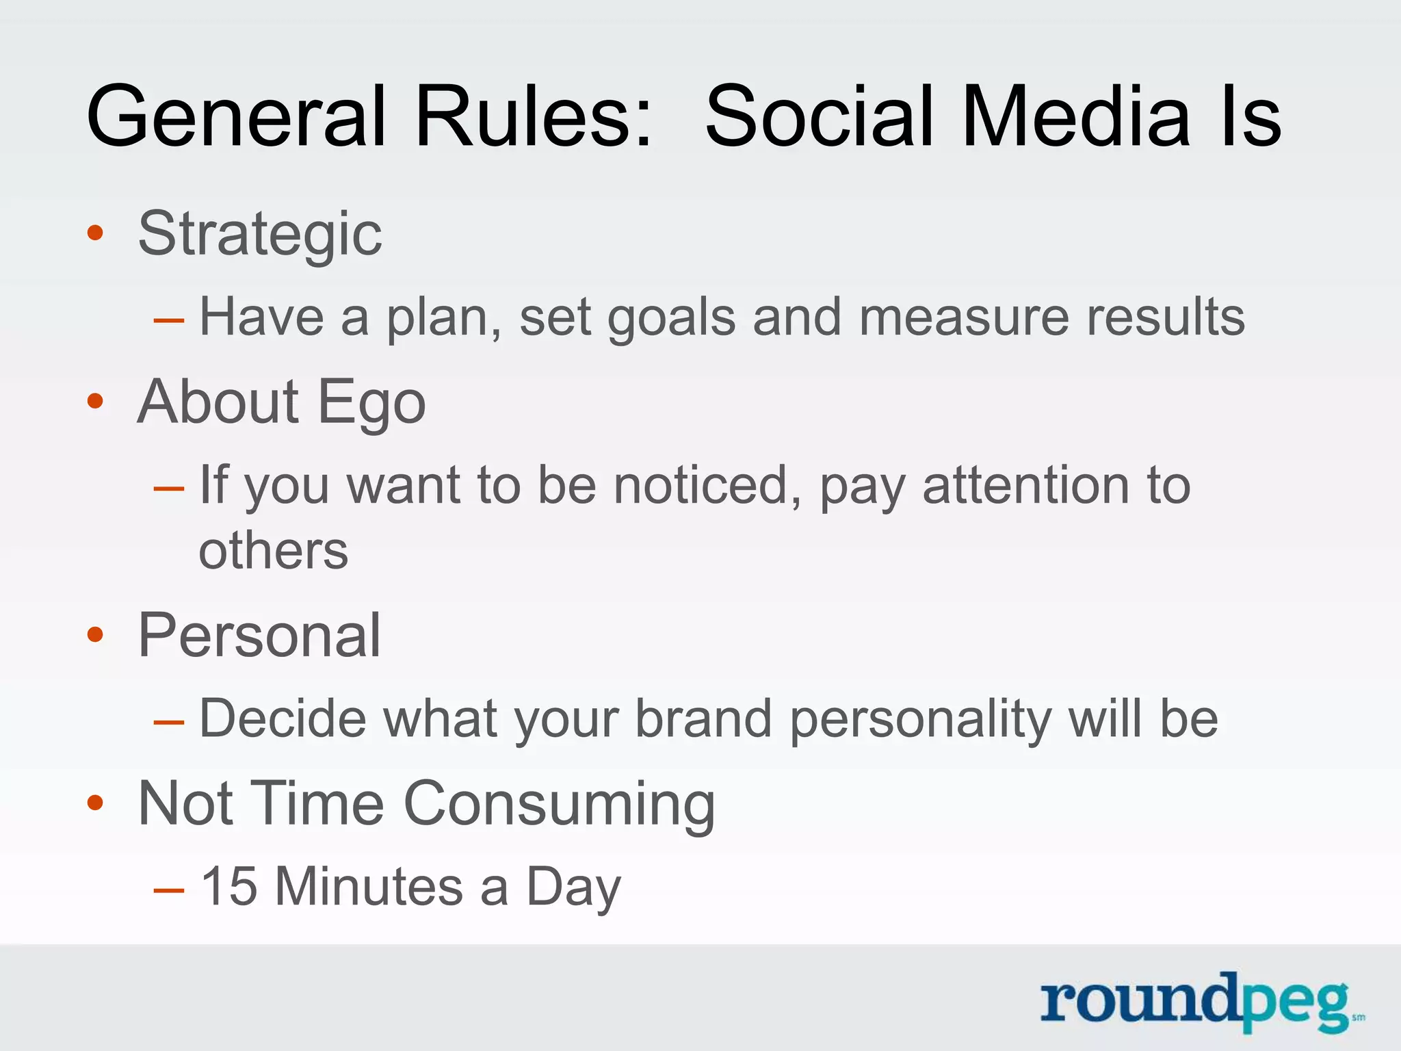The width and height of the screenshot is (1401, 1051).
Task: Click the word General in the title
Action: [236, 116]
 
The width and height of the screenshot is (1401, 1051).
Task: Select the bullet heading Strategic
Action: [260, 235]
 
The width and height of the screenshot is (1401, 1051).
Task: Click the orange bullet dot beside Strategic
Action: [95, 233]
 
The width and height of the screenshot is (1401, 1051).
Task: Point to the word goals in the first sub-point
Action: [671, 319]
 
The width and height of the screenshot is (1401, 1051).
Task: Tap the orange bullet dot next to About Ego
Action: [95, 401]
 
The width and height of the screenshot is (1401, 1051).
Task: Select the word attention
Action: [1025, 485]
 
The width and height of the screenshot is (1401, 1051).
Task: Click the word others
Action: [274, 551]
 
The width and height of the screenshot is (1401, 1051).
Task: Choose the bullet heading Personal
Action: [259, 636]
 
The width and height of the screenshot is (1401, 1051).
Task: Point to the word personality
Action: [921, 721]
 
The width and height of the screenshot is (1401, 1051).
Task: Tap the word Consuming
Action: [559, 805]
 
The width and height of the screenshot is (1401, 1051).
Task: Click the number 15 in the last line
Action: [228, 887]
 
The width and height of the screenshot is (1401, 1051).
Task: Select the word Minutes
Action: [369, 887]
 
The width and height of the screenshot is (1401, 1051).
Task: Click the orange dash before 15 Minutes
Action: [169, 890]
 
